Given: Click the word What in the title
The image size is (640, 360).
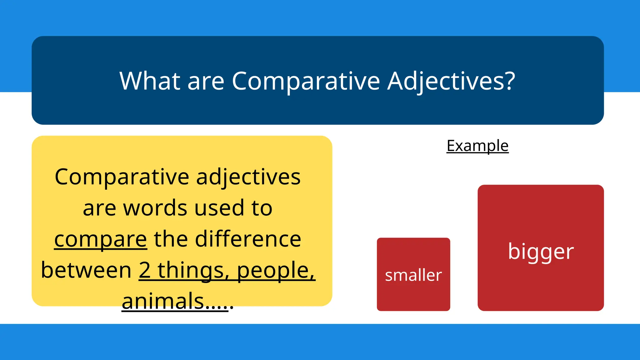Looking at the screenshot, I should [150, 81].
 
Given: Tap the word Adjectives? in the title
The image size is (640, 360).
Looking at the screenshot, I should [451, 81].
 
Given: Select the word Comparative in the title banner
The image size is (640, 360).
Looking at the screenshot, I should [306, 81].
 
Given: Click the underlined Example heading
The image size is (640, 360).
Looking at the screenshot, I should [477, 146].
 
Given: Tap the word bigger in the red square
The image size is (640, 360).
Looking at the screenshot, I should [541, 252].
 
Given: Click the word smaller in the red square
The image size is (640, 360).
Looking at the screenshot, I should [413, 275].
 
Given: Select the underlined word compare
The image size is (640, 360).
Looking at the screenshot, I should [100, 239].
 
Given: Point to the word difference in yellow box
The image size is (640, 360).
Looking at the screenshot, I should [248, 239].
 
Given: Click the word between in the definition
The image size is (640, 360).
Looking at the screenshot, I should [86, 270].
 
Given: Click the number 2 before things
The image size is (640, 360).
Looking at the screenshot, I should [144, 270].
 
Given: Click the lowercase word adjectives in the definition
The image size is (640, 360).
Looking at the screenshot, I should [248, 177].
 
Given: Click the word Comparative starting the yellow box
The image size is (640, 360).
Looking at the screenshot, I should [122, 177].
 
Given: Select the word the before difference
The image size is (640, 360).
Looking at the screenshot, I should [171, 239].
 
